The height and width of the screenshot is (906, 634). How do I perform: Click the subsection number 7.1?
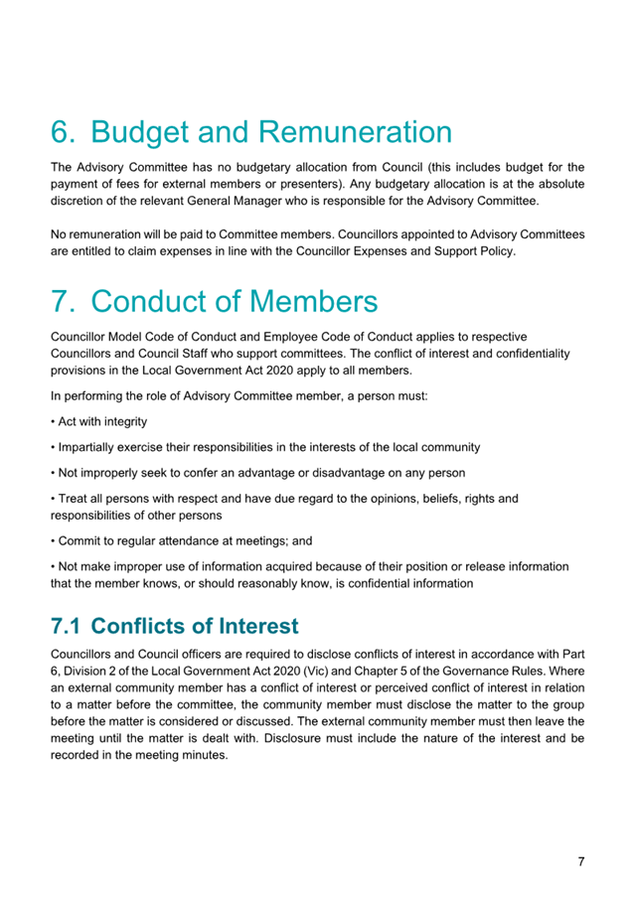coord(69,626)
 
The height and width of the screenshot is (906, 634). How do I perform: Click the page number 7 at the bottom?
coord(580,860)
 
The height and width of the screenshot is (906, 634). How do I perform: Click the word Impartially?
coord(91,447)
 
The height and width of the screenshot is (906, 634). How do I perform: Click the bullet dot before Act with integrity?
coord(54,422)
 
